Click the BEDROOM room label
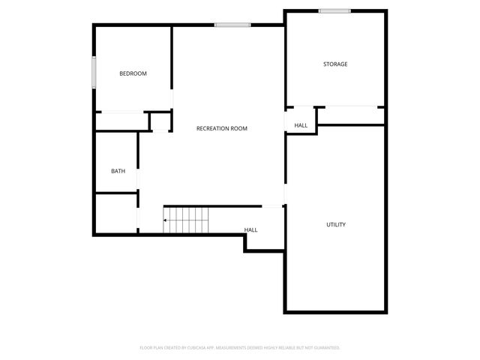click(133, 73)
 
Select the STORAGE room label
click(335, 64)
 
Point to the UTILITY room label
click(335, 225)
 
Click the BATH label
click(118, 171)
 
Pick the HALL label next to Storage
click(301, 125)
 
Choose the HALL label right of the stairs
click(250, 229)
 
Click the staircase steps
click(187, 220)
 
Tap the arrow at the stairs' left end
click(166, 220)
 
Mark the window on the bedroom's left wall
click(94, 73)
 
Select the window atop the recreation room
click(232, 25)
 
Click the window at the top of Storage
click(334, 10)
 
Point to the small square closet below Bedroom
click(160, 121)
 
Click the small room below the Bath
click(115, 213)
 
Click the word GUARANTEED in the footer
click(323, 348)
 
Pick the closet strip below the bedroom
click(121, 121)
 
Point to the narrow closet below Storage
click(349, 115)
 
